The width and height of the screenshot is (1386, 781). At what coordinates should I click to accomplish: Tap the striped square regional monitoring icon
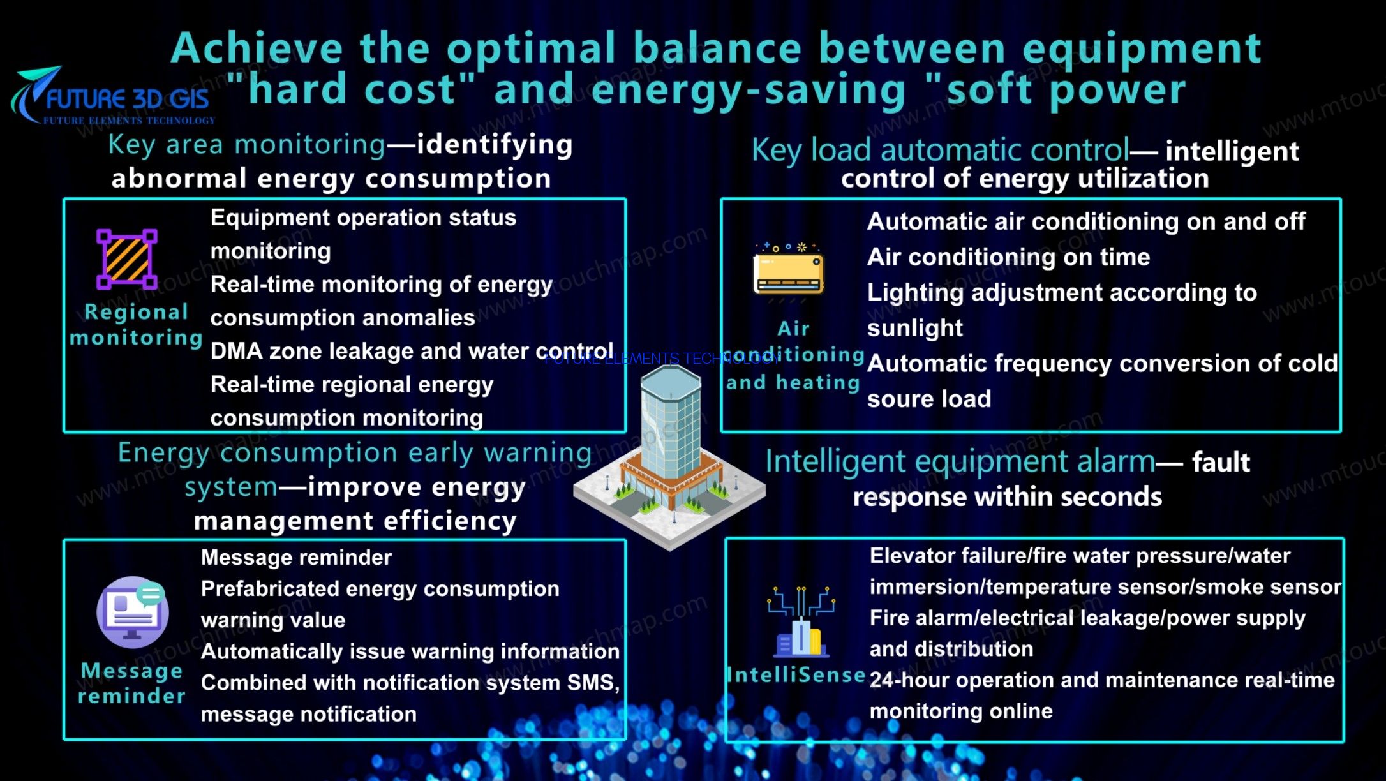click(x=127, y=259)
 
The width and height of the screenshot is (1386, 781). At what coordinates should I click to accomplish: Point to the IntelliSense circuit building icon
click(x=801, y=621)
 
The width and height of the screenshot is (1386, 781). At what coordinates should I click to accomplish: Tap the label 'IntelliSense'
click(x=796, y=674)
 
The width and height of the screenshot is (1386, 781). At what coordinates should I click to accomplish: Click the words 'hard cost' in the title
click(x=352, y=89)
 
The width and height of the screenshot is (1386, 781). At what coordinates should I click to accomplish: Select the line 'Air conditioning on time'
click(x=1008, y=257)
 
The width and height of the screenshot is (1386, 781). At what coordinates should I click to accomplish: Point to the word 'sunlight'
click(x=914, y=329)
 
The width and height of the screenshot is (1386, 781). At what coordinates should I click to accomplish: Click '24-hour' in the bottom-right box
click(x=909, y=680)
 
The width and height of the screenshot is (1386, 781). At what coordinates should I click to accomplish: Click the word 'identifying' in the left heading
click(x=495, y=145)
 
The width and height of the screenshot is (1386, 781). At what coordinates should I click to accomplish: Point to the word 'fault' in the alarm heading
click(x=1221, y=462)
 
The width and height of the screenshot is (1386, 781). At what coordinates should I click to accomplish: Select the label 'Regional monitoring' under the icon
click(x=136, y=325)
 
